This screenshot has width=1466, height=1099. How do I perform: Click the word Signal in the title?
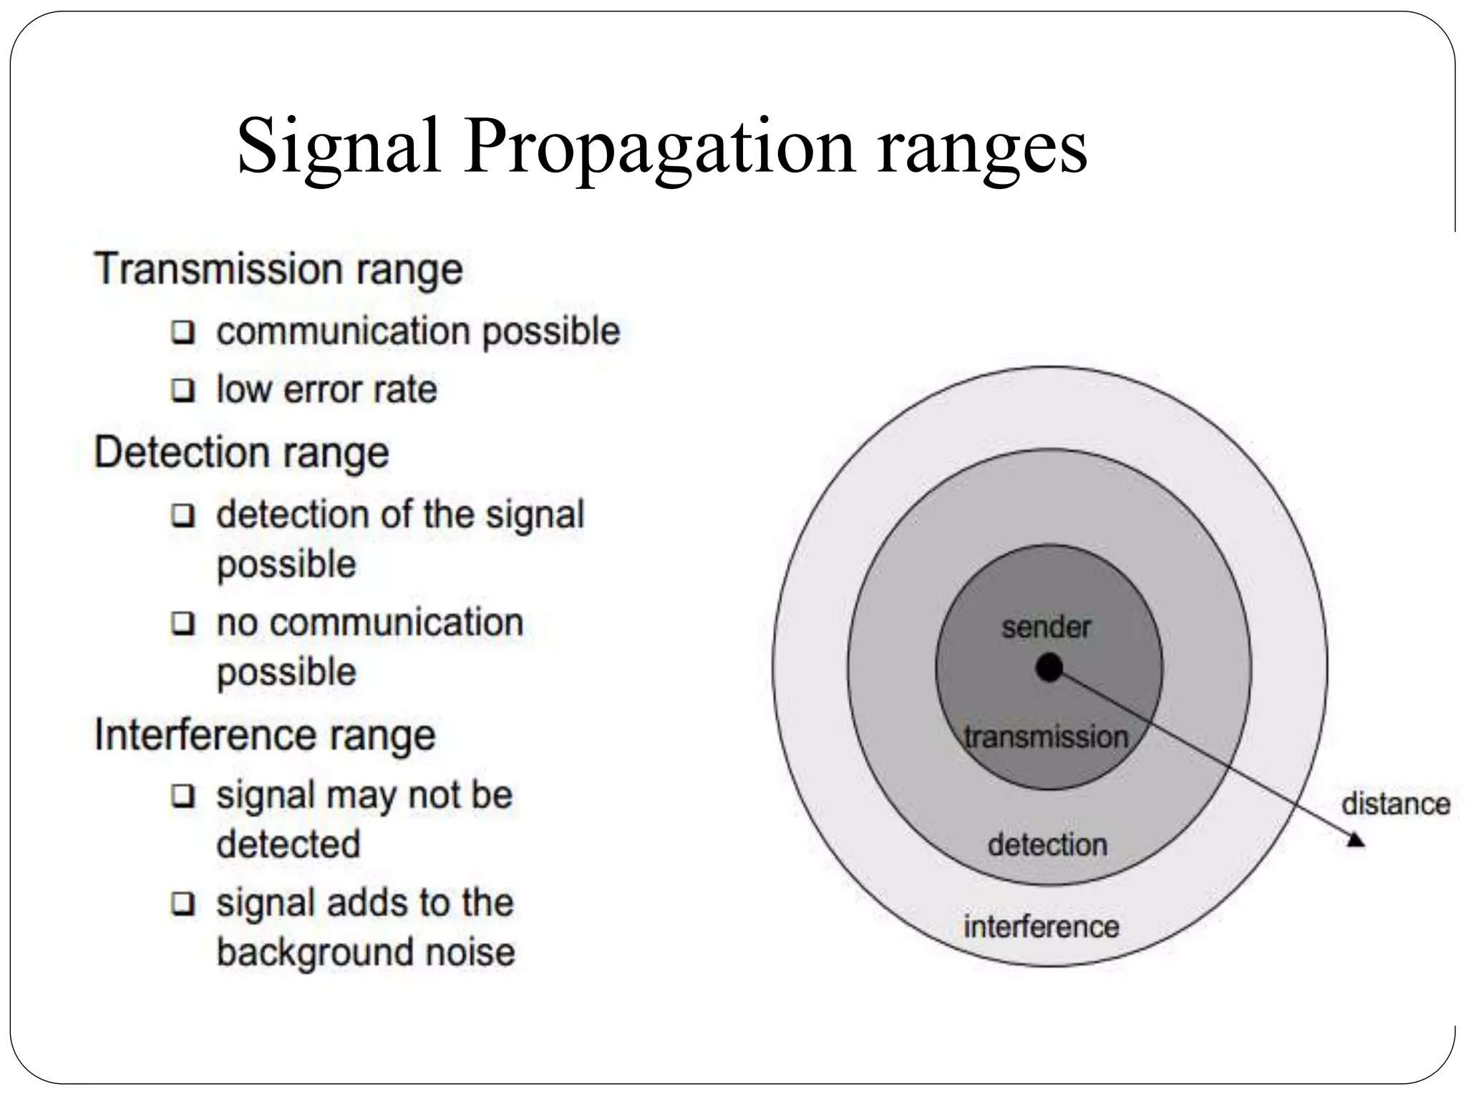pos(338,147)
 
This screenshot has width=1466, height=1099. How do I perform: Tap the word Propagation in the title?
pos(659,147)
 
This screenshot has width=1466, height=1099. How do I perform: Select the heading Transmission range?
pos(278,269)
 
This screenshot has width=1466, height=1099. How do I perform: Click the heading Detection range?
pos(242,453)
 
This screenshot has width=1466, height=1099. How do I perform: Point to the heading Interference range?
pos(265,735)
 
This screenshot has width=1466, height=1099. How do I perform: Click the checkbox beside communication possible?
pos(183,333)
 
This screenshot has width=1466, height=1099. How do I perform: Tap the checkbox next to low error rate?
pos(183,391)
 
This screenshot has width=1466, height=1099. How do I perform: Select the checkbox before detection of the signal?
pos(183,515)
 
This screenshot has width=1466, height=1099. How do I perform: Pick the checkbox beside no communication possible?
pos(183,623)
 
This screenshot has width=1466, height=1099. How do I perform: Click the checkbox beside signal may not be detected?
pos(183,796)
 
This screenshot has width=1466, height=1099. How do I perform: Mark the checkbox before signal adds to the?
pos(183,904)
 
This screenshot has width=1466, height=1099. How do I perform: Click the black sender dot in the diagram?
pos(1049,668)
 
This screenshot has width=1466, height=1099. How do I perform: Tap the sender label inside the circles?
pos(1046,627)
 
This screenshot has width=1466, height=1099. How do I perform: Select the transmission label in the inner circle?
pos(1046,737)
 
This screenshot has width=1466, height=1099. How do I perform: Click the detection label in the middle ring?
pos(1047,845)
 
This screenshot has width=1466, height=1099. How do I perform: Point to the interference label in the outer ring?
pos(1042,927)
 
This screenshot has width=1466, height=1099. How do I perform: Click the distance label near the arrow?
pos(1396,804)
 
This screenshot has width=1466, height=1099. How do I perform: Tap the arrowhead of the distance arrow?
pos(1355,840)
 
